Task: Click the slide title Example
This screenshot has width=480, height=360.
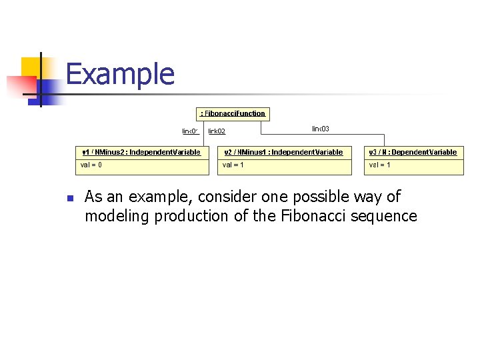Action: tap(120, 74)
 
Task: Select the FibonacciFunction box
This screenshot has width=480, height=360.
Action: tap(233, 113)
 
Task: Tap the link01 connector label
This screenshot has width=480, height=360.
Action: tap(191, 131)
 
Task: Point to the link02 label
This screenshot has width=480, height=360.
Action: tap(217, 131)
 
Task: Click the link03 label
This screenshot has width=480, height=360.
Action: tap(320, 129)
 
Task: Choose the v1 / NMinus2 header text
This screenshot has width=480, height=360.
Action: tap(140, 152)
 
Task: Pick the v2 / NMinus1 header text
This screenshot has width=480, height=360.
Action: tap(283, 152)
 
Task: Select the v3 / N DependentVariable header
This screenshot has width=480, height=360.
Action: tap(413, 152)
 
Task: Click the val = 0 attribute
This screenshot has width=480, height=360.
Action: tap(91, 165)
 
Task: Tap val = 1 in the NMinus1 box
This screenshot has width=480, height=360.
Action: tap(233, 165)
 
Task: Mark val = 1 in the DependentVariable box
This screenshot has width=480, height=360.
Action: tap(380, 165)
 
